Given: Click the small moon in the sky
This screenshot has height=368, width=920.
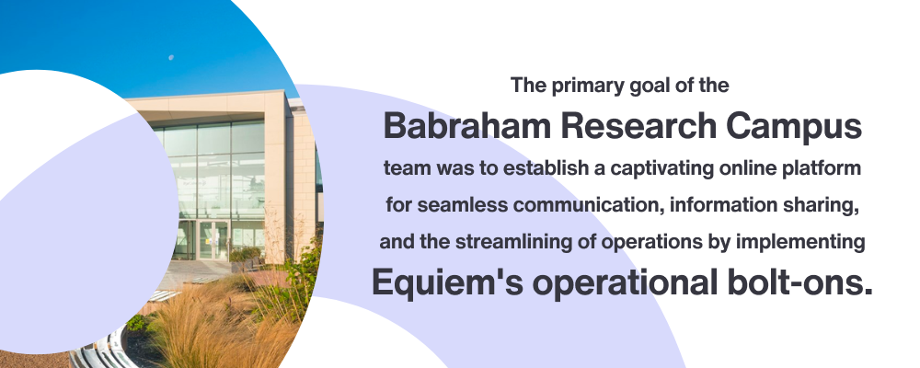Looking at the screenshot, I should [171, 57].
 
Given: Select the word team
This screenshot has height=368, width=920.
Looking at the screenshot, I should [403, 170].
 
